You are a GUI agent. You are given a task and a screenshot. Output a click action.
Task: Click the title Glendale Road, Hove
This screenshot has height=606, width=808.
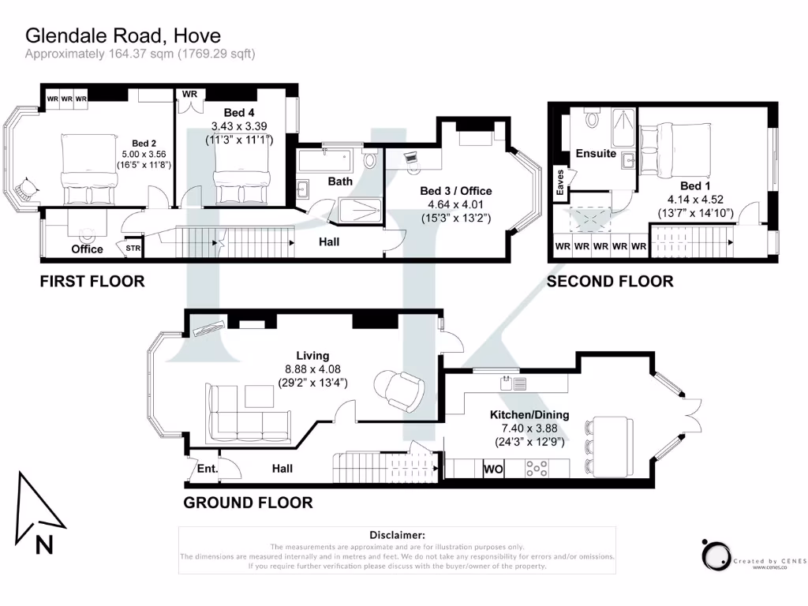coord(123,36)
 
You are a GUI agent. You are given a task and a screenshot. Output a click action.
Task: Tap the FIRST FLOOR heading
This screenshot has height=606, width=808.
coord(92,281)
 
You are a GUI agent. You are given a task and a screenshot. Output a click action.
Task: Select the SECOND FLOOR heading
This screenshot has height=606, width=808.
coord(610,281)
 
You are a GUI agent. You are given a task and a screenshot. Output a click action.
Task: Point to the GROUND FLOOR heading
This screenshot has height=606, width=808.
coord(248,503)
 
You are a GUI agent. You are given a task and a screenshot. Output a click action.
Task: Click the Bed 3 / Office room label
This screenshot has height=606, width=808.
coord(455,191)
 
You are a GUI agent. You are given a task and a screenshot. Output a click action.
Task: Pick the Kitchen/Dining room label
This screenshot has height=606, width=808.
coord(529,415)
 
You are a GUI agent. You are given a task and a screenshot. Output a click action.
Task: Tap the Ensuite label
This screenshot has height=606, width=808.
coord(596,153)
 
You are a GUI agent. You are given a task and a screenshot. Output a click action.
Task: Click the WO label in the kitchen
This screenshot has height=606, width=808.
coord(493,469)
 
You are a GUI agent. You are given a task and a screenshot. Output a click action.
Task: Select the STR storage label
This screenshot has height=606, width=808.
coord(133,249)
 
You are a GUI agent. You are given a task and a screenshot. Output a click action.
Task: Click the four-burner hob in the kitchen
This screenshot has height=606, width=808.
coord(537,469)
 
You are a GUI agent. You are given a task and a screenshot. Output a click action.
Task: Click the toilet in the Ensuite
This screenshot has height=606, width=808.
coord(593,119)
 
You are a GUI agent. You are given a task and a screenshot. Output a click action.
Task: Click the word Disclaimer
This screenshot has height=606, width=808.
coord(396,535)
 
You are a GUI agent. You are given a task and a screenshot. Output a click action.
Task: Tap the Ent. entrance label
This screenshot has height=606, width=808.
coord(208,469)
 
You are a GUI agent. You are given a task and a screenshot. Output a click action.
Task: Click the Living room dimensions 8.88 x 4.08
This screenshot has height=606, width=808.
coord(312,368)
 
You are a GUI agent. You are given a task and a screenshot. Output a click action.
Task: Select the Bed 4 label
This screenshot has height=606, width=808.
coord(239,113)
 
